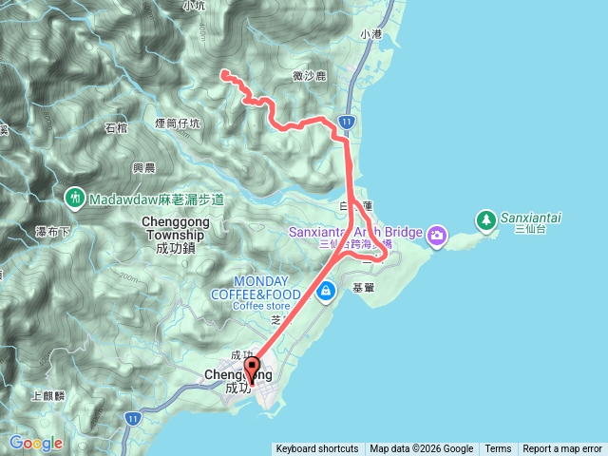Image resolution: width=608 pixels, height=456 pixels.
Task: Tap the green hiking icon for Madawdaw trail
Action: [x=74, y=199]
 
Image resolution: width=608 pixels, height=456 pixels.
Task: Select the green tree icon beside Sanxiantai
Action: [x=485, y=218]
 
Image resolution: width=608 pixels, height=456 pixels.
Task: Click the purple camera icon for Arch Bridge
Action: [x=436, y=234]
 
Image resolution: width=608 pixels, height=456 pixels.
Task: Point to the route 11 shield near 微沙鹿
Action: [x=348, y=123]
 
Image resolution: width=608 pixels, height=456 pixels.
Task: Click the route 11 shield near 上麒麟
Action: [x=132, y=418]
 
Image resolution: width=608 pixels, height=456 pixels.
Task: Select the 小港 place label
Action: [x=370, y=34]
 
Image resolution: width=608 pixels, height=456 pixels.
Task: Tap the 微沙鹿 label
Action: [x=311, y=77]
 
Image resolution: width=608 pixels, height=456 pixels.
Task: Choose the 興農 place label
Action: [x=143, y=167]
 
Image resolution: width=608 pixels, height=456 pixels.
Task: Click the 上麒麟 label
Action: [x=47, y=395]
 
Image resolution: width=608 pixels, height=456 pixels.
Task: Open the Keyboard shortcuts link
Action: [x=317, y=448]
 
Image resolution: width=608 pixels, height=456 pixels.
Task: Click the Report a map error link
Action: [x=562, y=448]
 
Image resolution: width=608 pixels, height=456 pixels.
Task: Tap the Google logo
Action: [x=35, y=443]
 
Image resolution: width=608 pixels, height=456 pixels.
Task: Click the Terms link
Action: [x=498, y=448]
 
